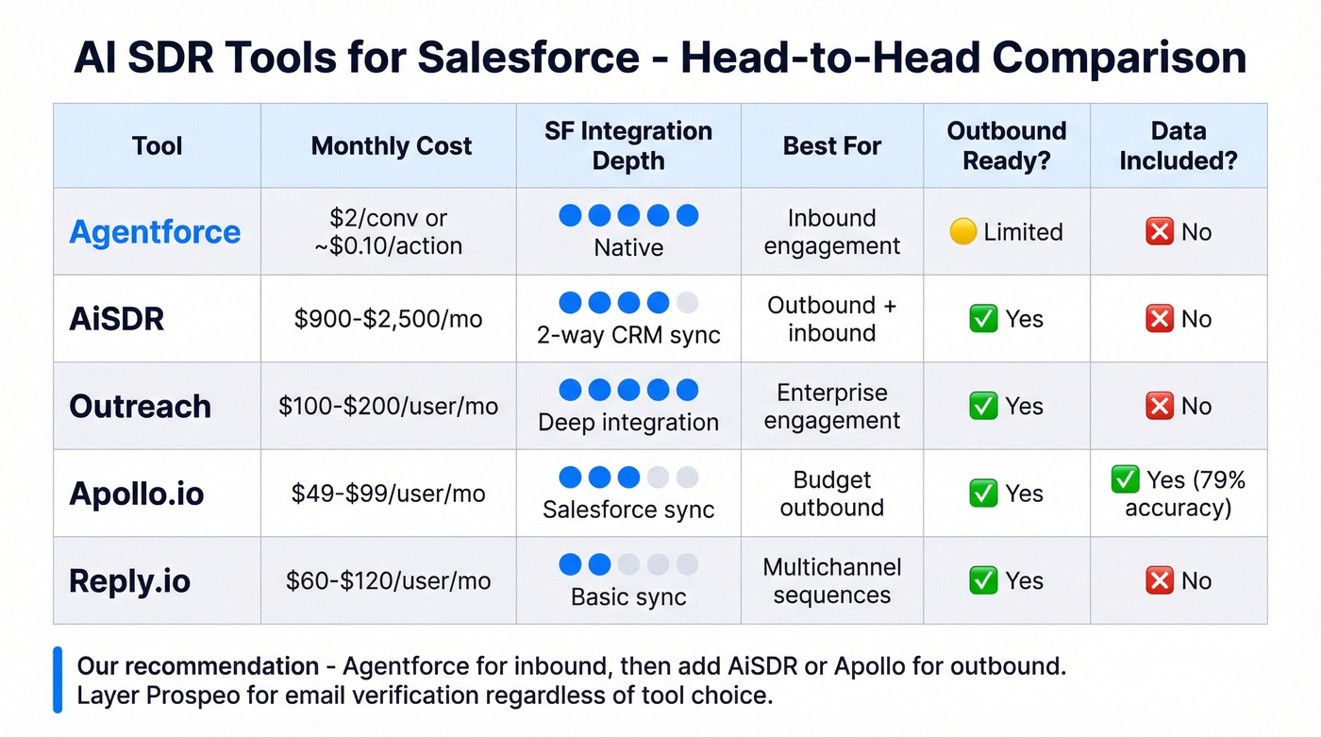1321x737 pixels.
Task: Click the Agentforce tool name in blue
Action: click(x=155, y=232)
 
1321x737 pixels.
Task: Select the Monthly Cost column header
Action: click(x=391, y=146)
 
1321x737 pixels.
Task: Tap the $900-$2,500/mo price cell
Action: click(x=388, y=319)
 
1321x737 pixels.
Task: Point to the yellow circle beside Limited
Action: click(x=962, y=232)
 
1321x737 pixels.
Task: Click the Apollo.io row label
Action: click(x=137, y=494)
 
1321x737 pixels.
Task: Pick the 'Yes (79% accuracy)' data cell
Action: click(x=1179, y=494)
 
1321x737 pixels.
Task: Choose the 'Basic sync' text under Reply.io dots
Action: click(x=628, y=597)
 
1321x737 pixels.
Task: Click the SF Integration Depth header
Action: click(x=628, y=145)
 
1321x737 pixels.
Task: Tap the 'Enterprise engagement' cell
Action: click(x=831, y=406)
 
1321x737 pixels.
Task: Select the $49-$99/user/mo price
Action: click(x=388, y=494)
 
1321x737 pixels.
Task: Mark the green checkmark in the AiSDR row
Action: click(x=983, y=319)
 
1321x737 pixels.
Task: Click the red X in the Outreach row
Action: click(x=1159, y=406)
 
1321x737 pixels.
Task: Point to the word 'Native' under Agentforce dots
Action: click(x=628, y=247)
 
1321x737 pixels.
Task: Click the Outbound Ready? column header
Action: click(x=1006, y=145)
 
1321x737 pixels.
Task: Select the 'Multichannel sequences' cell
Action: click(x=831, y=580)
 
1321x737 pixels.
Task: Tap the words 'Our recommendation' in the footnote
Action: click(x=197, y=666)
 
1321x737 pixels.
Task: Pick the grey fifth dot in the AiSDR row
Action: click(x=688, y=303)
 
